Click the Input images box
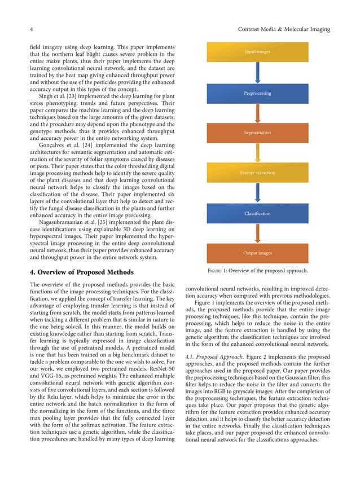pyautogui.click(x=257, y=52)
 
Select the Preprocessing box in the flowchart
pyautogui.click(x=257, y=93)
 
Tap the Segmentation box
pyautogui.click(x=257, y=133)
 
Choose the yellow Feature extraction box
pyautogui.click(x=257, y=173)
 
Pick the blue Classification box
pyautogui.click(x=257, y=214)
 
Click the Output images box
pyautogui.click(x=257, y=253)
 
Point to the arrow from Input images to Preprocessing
pyautogui.click(x=257, y=73)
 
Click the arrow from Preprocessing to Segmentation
pyautogui.click(x=257, y=113)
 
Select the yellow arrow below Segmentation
pyautogui.click(x=257, y=153)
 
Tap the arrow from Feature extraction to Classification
pyautogui.click(x=257, y=193)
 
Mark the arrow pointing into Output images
pyautogui.click(x=257, y=234)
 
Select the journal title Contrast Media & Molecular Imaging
pyautogui.click(x=284, y=29)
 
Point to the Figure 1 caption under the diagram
pyautogui.click(x=257, y=271)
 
